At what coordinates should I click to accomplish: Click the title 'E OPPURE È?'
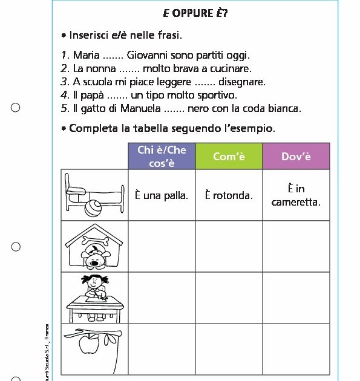tap(195, 13)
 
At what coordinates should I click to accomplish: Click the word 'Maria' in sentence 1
tap(86, 56)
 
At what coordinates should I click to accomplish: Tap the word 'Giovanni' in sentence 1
tap(147, 56)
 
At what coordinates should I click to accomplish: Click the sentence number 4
tap(65, 96)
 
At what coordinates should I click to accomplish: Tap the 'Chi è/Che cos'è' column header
tap(161, 157)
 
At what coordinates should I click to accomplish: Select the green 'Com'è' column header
tap(228, 157)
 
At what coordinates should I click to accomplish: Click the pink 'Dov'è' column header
tap(296, 157)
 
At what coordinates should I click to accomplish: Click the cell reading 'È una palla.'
tap(161, 195)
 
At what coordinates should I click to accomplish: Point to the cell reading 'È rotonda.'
tap(228, 195)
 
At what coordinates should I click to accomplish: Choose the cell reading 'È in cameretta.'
tap(296, 195)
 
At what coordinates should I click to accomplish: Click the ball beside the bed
tap(94, 209)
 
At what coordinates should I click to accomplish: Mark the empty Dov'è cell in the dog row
tap(296, 247)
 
